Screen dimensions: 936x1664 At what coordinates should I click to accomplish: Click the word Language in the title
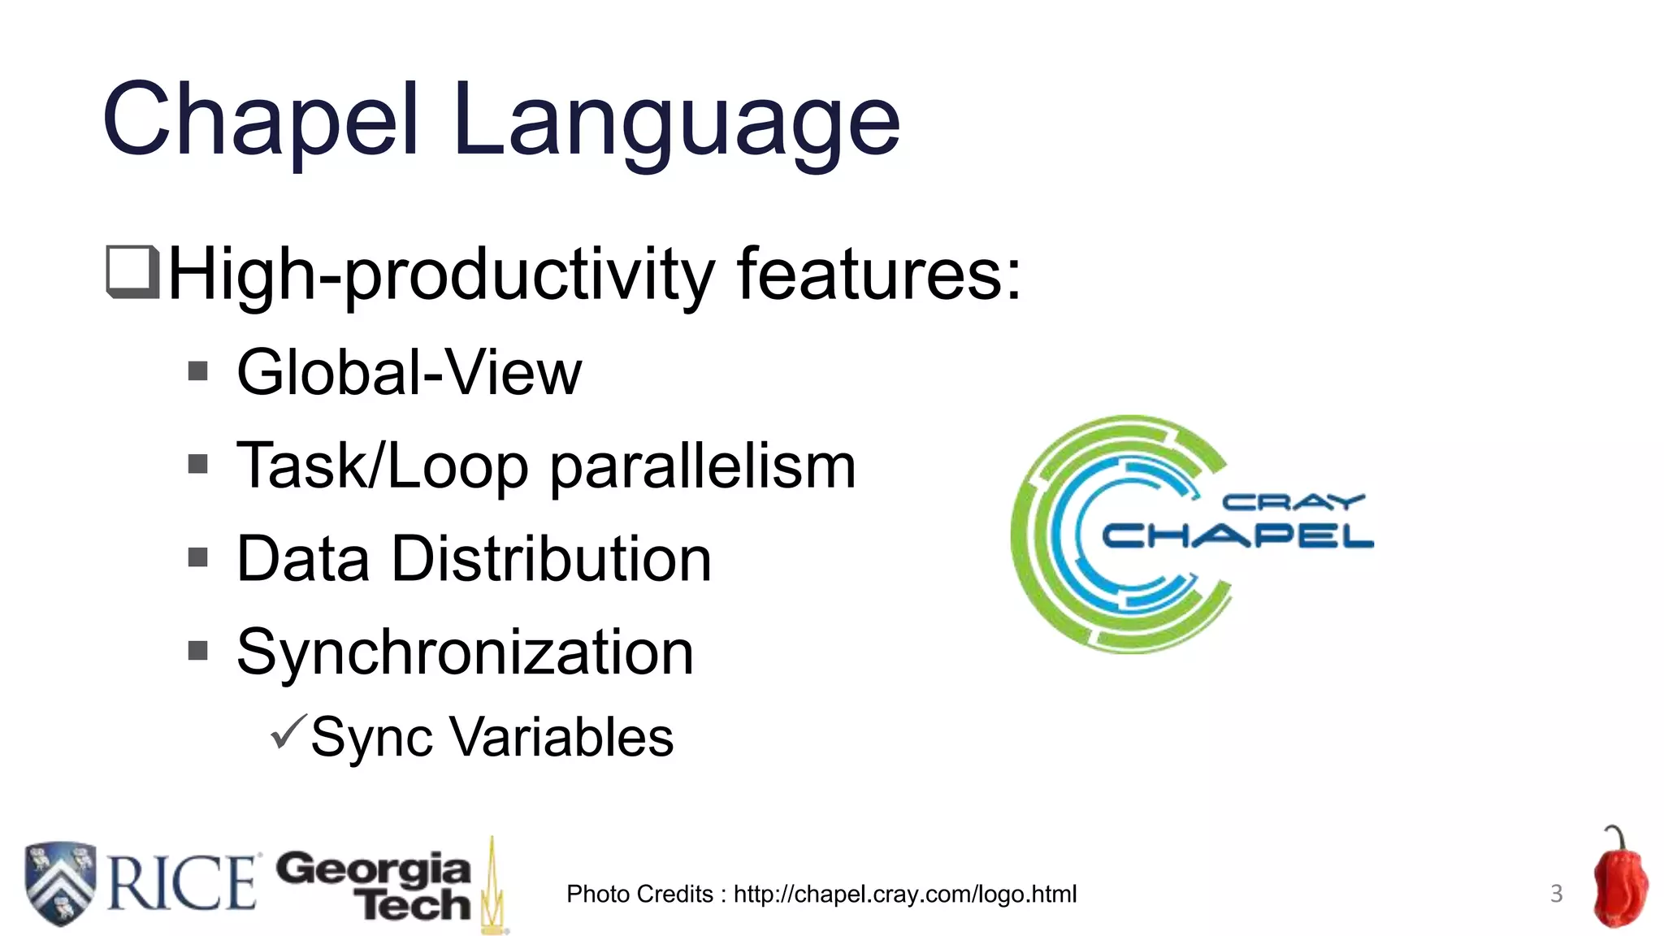(676, 122)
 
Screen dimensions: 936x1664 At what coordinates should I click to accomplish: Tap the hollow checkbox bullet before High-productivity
(132, 272)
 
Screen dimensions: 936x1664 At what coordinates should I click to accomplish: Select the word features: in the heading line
(878, 274)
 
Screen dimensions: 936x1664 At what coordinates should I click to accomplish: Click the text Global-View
(409, 372)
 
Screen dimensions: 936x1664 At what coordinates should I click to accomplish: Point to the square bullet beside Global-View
(198, 371)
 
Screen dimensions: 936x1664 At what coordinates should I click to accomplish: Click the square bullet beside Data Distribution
(198, 557)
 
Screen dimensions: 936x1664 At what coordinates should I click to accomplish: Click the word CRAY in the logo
(1292, 503)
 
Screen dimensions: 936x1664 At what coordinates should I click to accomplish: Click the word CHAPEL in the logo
(1237, 536)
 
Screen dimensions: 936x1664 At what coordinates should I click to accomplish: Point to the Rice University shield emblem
(60, 883)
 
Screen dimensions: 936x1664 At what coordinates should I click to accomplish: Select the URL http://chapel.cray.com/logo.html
(904, 894)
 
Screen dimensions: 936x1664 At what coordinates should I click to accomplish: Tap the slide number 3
(1556, 894)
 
